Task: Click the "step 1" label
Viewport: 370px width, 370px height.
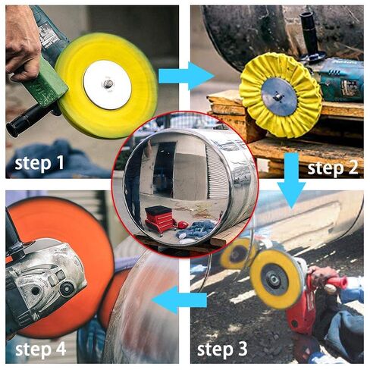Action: pos(42,162)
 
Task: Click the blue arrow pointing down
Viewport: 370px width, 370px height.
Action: pos(290,179)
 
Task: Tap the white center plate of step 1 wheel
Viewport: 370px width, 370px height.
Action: pos(107,85)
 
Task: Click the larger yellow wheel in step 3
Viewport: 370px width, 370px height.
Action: pos(277,278)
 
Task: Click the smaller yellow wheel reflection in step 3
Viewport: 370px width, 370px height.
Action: pos(236,255)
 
